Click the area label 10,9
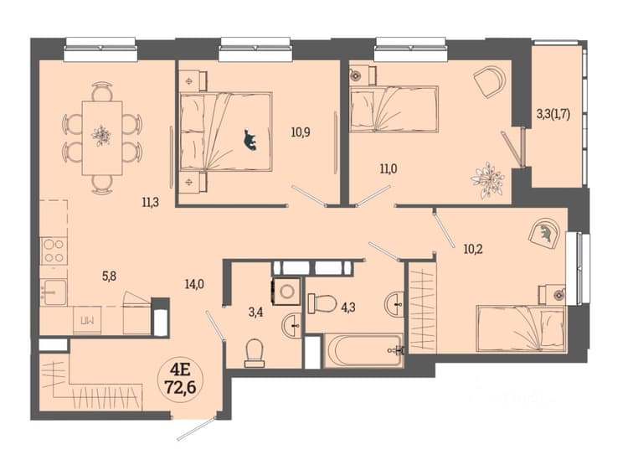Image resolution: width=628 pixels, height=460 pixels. click(301, 132)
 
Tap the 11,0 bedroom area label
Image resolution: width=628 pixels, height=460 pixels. click(389, 169)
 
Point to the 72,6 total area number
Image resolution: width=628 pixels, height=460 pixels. click(180, 386)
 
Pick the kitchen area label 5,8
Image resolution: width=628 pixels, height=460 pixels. click(109, 276)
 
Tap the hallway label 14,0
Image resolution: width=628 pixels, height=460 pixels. click(194, 285)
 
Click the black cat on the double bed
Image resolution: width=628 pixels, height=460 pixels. click(250, 140)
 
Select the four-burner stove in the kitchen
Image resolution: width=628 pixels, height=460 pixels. click(54, 251)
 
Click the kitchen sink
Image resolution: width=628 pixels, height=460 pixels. click(54, 292)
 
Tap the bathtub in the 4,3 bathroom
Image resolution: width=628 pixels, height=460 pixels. click(363, 349)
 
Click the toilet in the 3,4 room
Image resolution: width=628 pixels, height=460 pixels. click(255, 353)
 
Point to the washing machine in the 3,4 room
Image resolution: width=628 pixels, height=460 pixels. click(286, 292)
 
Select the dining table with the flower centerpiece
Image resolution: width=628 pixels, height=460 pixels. click(102, 138)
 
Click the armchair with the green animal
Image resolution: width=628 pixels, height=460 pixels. click(544, 233)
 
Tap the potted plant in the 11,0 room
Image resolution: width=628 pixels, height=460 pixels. click(487, 180)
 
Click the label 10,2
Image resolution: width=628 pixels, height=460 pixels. click(473, 250)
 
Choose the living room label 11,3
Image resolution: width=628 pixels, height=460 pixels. click(150, 203)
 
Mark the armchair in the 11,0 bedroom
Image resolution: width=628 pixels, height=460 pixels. click(490, 82)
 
